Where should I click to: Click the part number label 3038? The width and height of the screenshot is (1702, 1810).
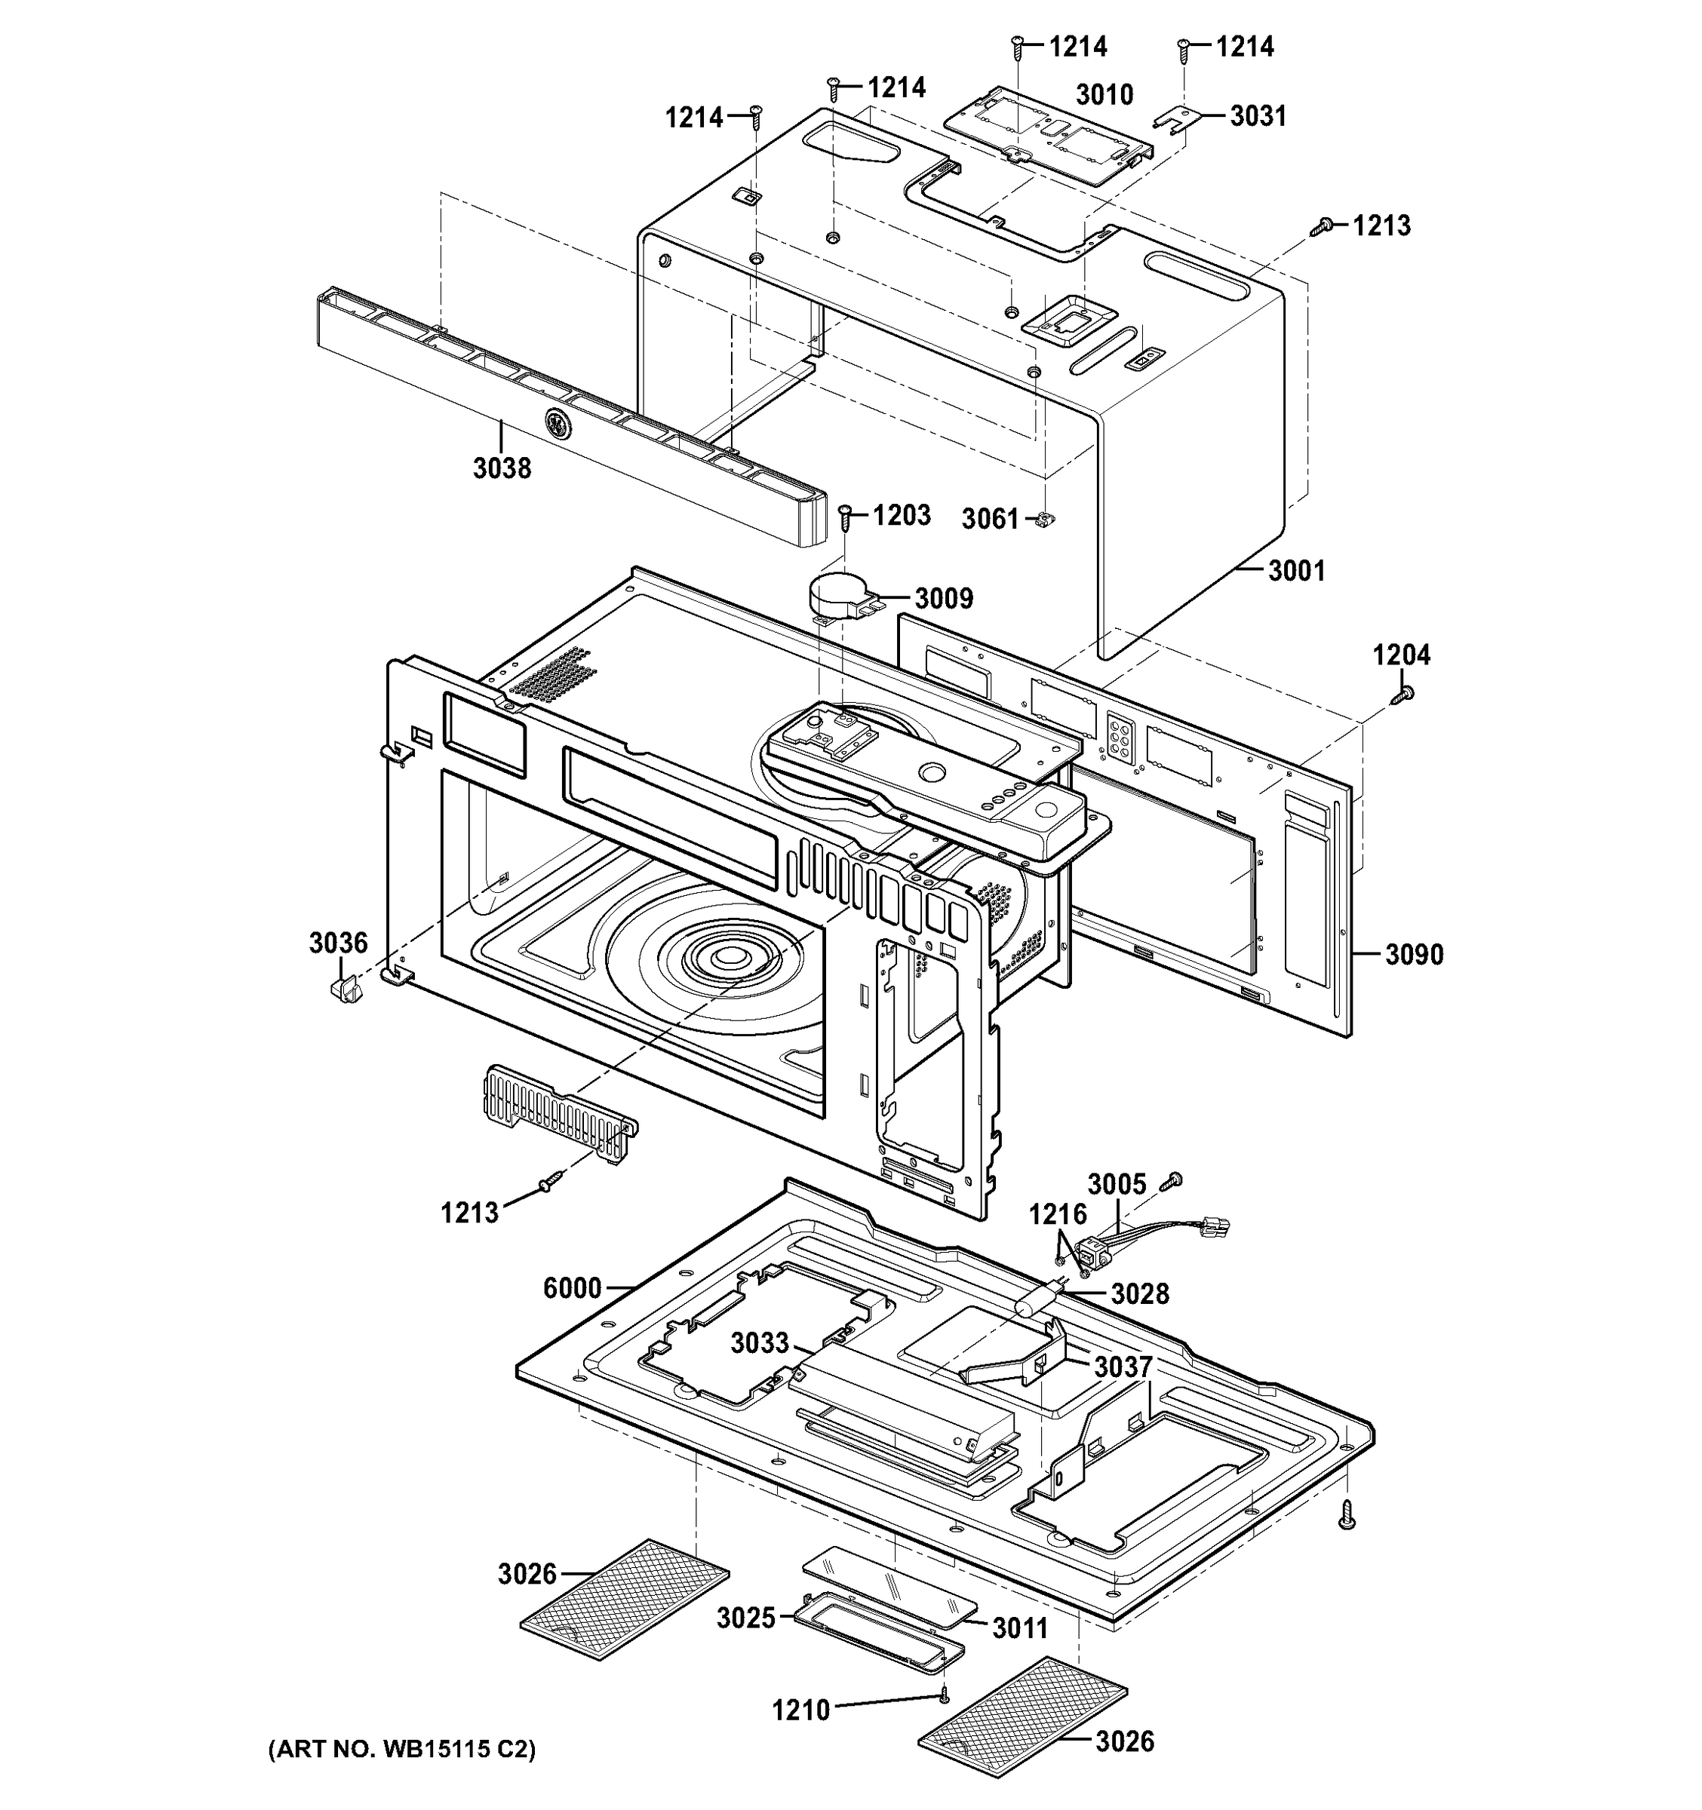pos(502,468)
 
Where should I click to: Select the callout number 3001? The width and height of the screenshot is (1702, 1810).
pos(1297,571)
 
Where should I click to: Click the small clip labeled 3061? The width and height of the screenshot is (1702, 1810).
pos(1045,519)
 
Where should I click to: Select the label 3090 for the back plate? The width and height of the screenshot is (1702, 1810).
pos(1415,954)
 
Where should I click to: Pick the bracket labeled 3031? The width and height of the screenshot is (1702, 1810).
pos(1172,120)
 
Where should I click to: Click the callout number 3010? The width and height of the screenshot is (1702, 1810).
pos(1104,95)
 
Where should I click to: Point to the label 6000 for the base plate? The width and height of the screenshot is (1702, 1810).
pos(572,1287)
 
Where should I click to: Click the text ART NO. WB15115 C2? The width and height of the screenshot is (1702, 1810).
pos(401,1749)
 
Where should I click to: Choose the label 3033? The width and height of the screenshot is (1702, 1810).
pos(760,1343)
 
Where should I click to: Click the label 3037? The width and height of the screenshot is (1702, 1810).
pos(1123,1367)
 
